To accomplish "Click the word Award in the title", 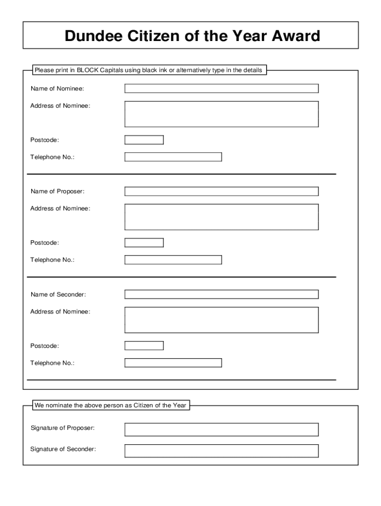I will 295,36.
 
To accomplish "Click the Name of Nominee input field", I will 221,88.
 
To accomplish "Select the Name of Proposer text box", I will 221,191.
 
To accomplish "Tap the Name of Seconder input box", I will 221,295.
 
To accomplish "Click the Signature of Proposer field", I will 221,429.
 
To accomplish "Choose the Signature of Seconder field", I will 221,451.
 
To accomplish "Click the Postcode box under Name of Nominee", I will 143,140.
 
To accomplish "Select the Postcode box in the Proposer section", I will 143,243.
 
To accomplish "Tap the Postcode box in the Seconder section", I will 143,346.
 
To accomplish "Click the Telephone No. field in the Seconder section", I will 173,363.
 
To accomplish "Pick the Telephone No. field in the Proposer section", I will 173,260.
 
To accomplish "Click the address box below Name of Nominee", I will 221,114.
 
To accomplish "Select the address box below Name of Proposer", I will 221,217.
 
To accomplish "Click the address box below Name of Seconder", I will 221,320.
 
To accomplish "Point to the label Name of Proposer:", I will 57,191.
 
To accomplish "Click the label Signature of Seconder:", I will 63,449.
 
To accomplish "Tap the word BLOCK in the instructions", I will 88,70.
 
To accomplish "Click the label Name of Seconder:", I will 58,295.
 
